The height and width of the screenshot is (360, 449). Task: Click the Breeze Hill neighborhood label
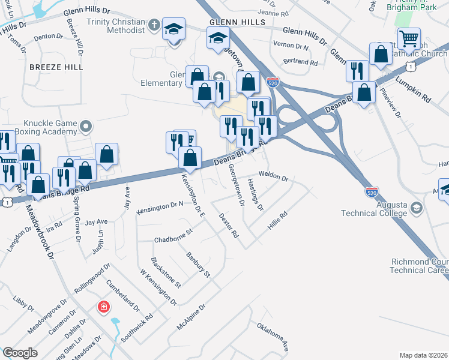click(56, 67)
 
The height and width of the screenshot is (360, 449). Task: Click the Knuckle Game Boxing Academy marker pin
click(86, 127)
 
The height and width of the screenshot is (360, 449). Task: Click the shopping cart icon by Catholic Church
click(409, 40)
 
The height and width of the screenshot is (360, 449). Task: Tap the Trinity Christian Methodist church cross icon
click(154, 25)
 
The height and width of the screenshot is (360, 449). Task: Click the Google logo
click(20, 353)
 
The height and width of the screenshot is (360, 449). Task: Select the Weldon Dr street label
click(274, 178)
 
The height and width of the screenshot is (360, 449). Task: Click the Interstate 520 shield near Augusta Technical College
click(372, 192)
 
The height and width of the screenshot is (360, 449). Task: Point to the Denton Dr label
click(44, 37)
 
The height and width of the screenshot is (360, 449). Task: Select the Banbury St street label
click(197, 265)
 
